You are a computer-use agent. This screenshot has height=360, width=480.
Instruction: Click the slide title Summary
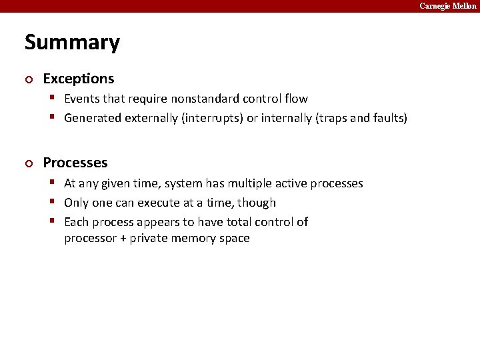[x=72, y=43]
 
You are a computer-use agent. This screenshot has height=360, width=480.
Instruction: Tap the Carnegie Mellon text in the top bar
[x=447, y=6]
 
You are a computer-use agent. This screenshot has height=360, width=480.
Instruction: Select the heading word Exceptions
[x=79, y=79]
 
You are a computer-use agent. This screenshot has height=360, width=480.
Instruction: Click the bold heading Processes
[x=75, y=163]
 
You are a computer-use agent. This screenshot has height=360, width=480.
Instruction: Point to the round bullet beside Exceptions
[x=28, y=79]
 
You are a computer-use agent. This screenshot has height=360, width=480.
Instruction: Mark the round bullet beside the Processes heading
[x=28, y=163]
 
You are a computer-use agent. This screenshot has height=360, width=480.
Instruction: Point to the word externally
[x=151, y=118]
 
